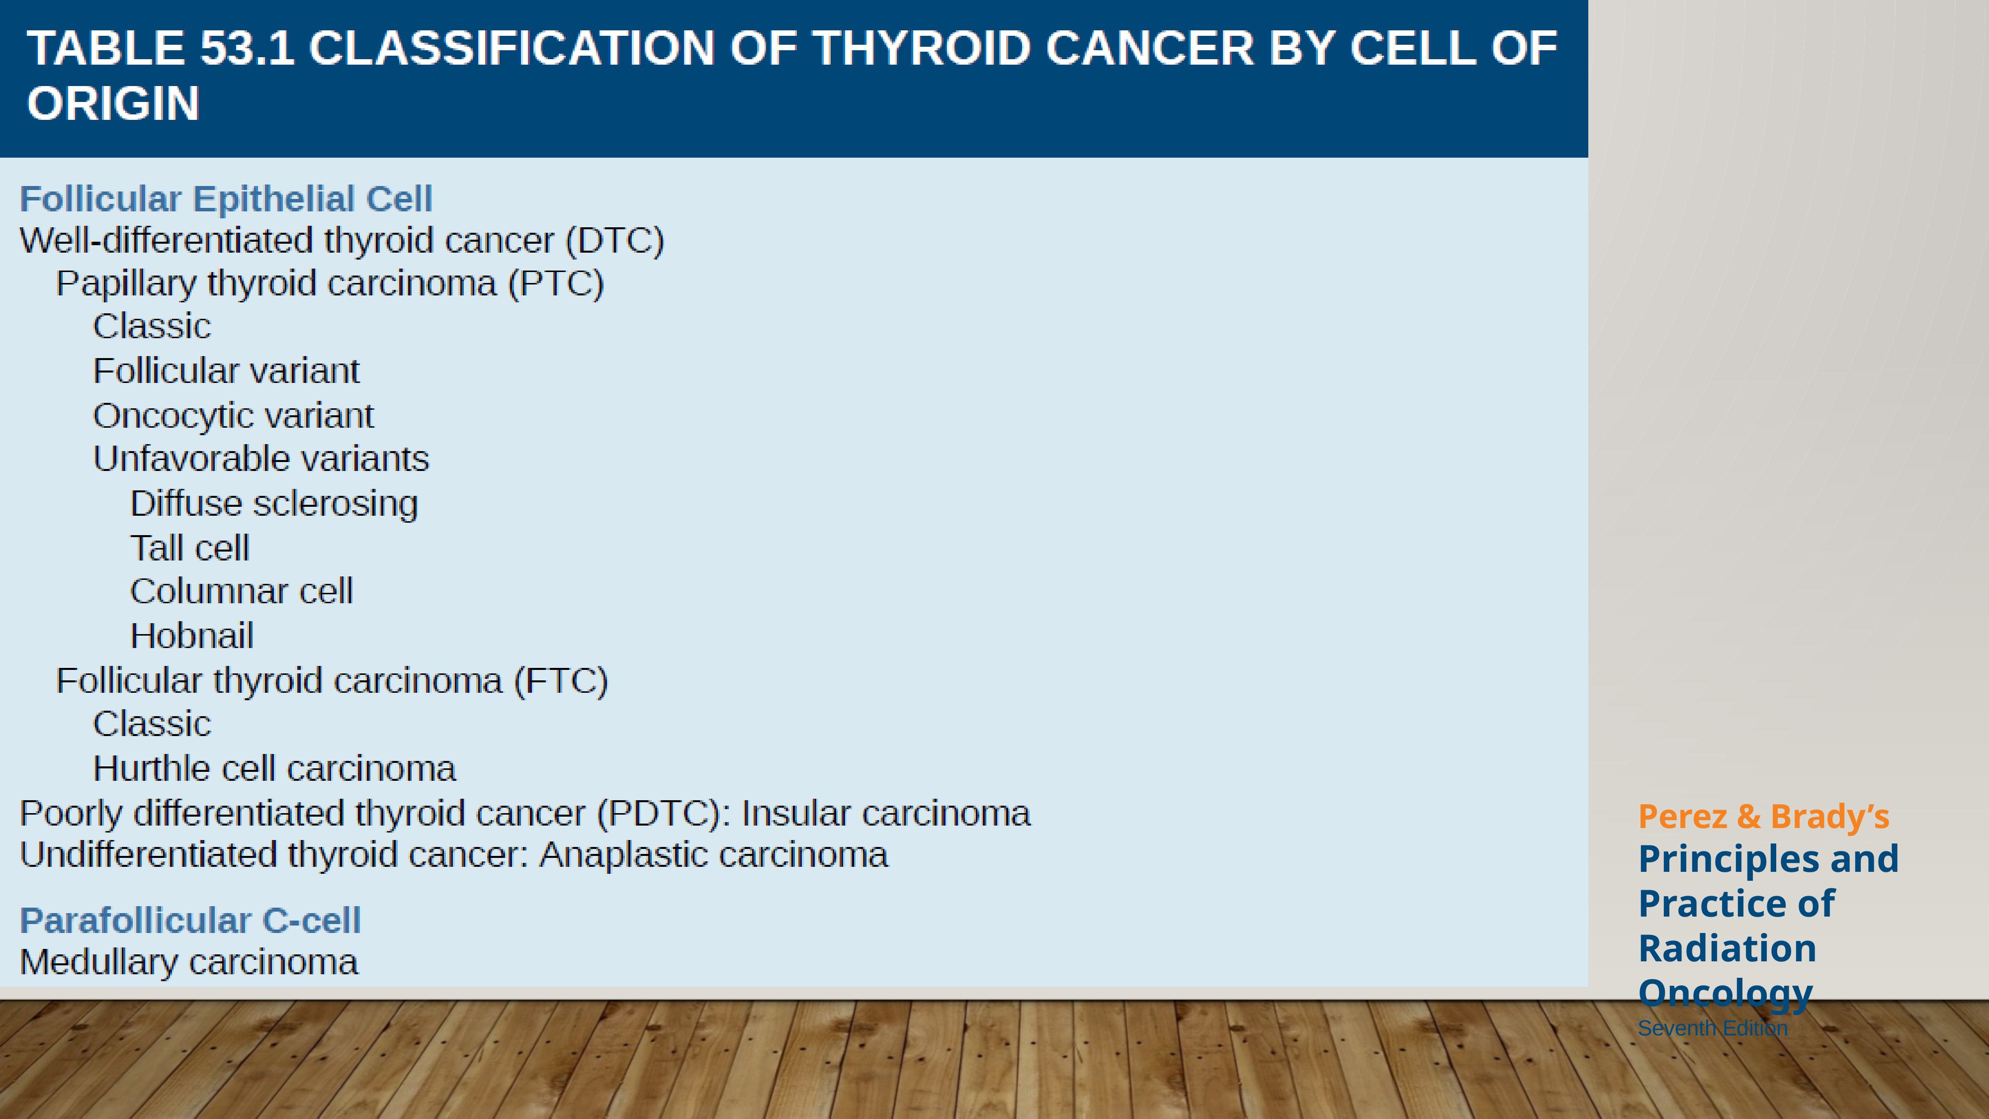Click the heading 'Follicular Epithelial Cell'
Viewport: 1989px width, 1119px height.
(226, 199)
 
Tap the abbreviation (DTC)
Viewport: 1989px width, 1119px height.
(615, 241)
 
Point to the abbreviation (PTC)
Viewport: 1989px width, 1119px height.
(556, 283)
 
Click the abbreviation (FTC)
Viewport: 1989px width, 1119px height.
(561, 681)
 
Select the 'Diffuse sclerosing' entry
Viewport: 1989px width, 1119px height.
(274, 503)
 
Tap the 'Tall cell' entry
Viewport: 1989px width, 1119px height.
(190, 548)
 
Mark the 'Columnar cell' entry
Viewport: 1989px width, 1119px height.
(242, 591)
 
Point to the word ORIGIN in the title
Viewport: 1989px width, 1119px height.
(113, 103)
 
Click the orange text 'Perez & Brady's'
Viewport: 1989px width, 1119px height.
(1763, 816)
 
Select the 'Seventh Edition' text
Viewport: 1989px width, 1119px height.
(1713, 1028)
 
